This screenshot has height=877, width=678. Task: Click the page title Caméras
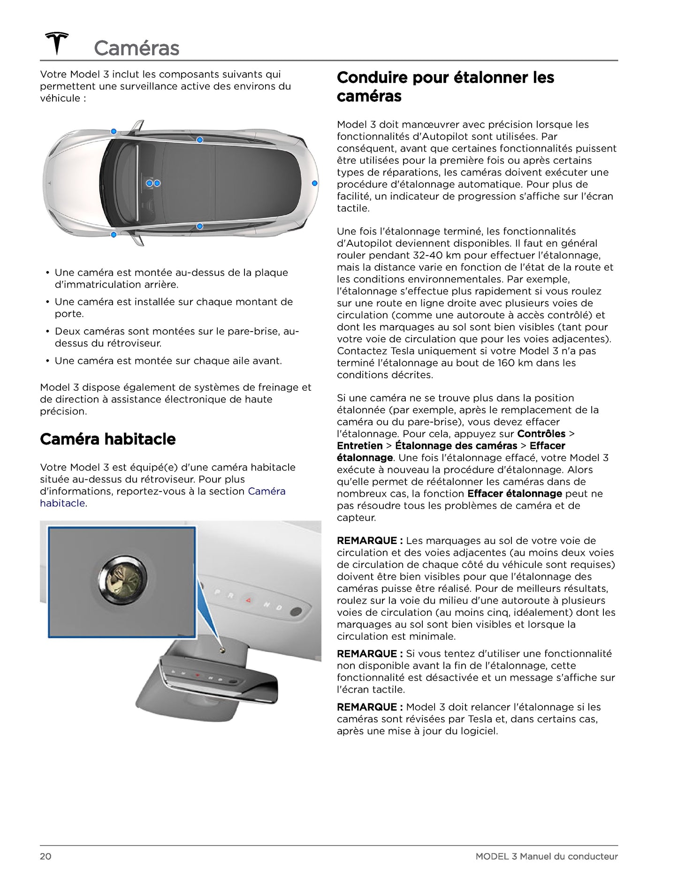pos(137,48)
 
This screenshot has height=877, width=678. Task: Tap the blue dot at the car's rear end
pos(314,183)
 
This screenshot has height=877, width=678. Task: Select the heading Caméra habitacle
pos(108,439)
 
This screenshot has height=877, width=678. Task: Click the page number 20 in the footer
pos(46,856)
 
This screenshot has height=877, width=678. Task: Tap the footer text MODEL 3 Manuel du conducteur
pos(547,856)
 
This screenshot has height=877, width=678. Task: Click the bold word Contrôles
pos(541,434)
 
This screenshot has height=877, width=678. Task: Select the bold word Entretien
pos(360,446)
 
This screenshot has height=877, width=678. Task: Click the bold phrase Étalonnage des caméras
pos(456,446)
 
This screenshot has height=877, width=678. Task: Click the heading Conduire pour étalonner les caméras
pos(445,87)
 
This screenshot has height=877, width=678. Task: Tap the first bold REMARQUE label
pos(370,541)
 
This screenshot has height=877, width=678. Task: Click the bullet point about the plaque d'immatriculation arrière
pos(171,279)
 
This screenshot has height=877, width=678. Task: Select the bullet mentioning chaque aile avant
pos(168,361)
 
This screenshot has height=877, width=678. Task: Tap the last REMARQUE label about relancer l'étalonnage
pos(370,707)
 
